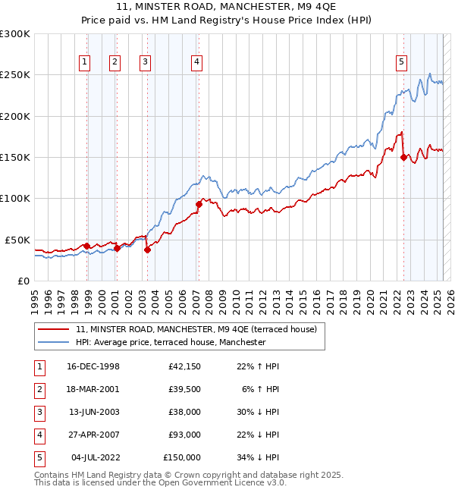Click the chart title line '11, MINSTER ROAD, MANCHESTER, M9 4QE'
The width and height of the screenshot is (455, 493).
coord(227,8)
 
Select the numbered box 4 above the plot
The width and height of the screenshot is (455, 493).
coord(196,62)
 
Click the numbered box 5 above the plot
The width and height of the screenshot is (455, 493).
coord(400,62)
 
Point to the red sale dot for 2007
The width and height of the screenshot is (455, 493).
coord(199,204)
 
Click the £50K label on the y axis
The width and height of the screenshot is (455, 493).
coord(18,240)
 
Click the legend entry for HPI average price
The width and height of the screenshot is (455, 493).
coord(171,343)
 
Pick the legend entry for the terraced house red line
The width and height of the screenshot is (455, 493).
coord(200,329)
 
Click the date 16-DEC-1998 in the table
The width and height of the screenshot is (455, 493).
coord(93,367)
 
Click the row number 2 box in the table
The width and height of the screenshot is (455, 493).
coord(39,390)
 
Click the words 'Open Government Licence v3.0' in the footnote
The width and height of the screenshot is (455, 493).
coord(223,482)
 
